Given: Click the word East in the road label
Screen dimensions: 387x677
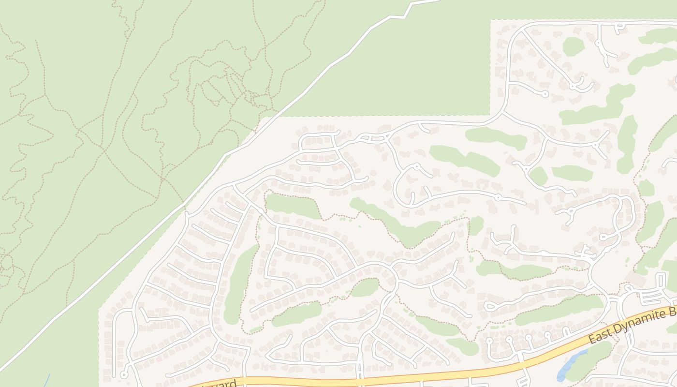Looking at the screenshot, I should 600,337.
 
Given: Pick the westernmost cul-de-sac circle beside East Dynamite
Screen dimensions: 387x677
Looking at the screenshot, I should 489,341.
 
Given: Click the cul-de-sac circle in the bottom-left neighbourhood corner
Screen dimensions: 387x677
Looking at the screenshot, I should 124,375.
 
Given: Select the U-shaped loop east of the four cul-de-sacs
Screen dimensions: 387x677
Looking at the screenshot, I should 566,331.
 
